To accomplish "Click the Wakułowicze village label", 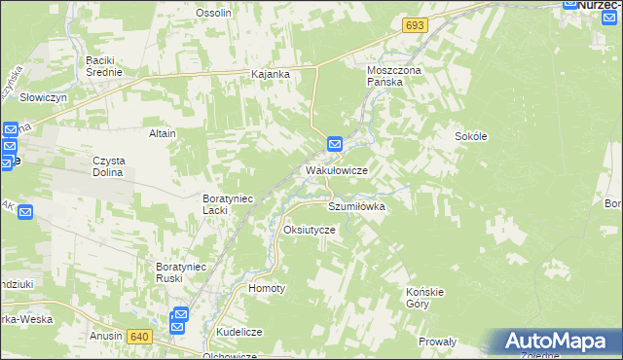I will pyautogui.click(x=336, y=169).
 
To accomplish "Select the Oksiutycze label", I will pyautogui.click(x=309, y=230).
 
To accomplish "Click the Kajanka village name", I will pyautogui.click(x=272, y=74).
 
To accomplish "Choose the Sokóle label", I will pyautogui.click(x=470, y=136).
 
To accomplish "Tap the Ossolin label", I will pyautogui.click(x=213, y=13).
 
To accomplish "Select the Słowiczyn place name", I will pyautogui.click(x=43, y=98).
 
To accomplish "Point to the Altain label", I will pyautogui.click(x=162, y=133).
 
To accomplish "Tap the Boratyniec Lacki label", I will pyautogui.click(x=228, y=204).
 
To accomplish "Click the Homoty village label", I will pyautogui.click(x=267, y=288).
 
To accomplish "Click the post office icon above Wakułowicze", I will pyautogui.click(x=335, y=144).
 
